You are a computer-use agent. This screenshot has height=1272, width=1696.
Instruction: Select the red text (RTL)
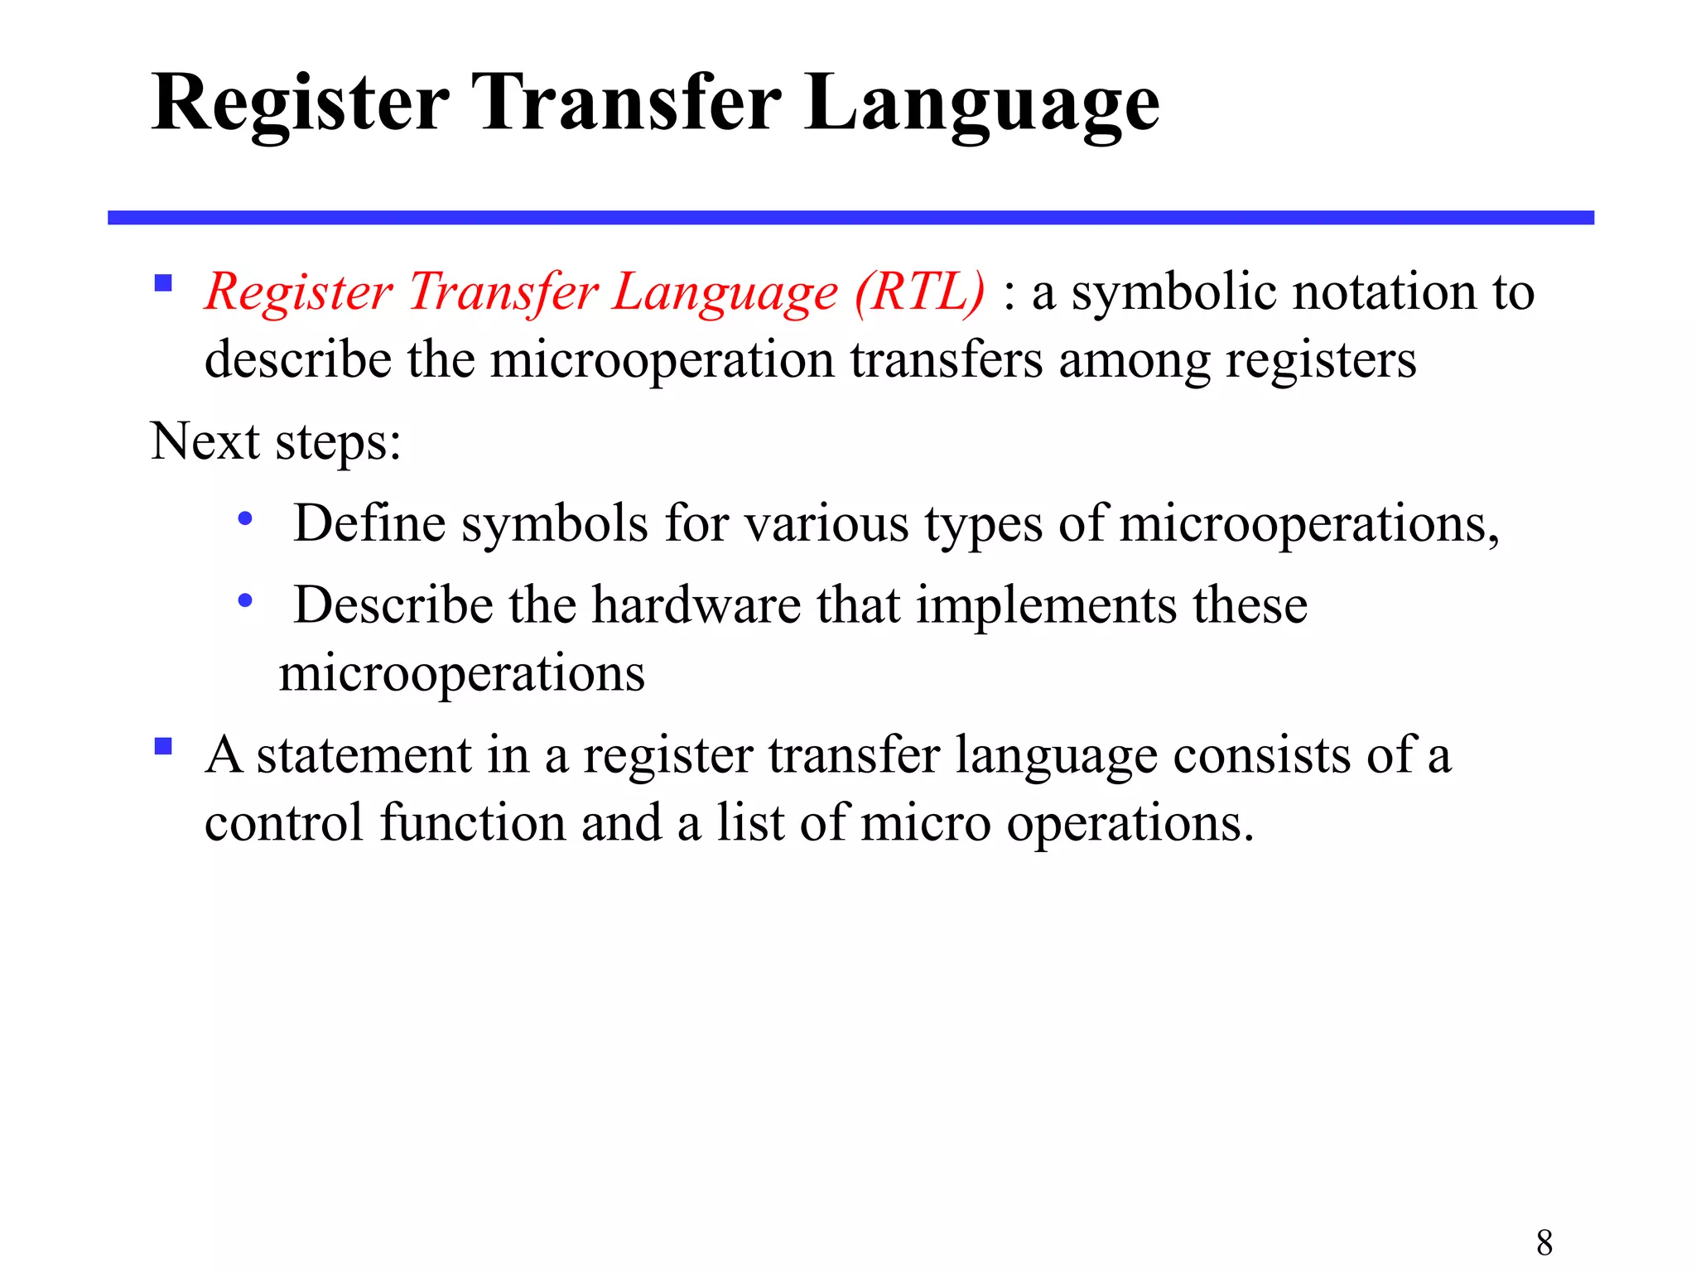coord(919,292)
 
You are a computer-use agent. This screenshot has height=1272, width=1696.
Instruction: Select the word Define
coord(369,523)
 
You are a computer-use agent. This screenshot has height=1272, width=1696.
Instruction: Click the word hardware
coord(696,605)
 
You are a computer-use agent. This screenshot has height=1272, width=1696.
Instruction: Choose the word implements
coord(1046,605)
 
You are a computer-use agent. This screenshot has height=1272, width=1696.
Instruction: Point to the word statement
coord(364,755)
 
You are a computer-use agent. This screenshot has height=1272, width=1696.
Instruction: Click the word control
coord(283,823)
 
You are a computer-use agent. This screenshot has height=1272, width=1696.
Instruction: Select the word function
coord(473,823)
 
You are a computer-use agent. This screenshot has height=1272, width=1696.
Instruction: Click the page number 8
coord(1544,1242)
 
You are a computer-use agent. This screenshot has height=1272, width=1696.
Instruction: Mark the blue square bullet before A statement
coord(163,747)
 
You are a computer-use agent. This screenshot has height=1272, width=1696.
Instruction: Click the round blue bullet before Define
coord(244,520)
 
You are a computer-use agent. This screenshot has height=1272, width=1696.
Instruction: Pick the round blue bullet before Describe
coord(244,600)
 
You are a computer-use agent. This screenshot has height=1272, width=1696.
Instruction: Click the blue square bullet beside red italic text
coord(163,284)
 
